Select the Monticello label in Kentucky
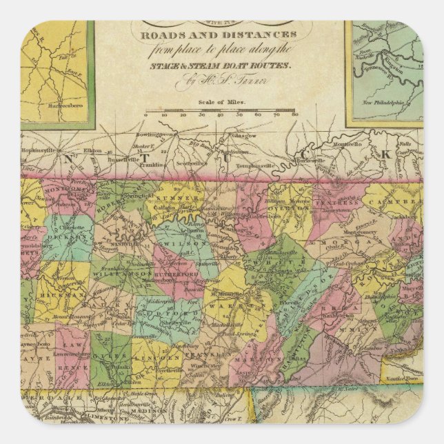tap(345, 144)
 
